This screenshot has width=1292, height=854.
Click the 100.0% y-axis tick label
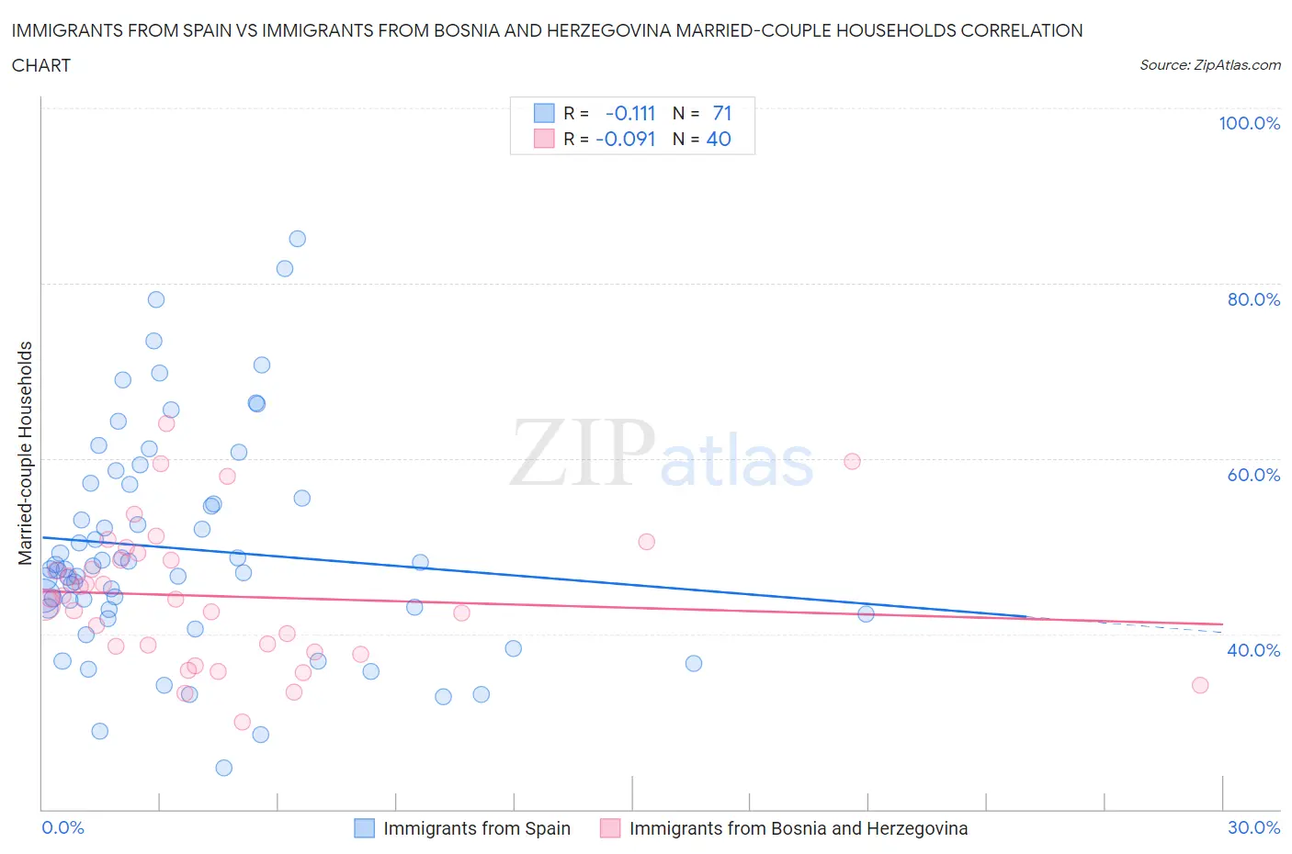tap(1249, 124)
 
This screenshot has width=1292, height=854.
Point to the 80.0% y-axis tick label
tap(1253, 299)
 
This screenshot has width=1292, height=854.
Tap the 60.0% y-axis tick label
tap(1253, 475)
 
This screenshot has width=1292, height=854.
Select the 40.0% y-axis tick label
tap(1253, 650)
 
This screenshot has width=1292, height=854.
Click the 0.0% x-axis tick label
tap(62, 827)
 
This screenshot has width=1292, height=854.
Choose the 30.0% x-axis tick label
tap(1253, 827)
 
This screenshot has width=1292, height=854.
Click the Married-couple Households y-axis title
tap(26, 453)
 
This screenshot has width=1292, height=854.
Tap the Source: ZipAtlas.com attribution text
tap(1209, 65)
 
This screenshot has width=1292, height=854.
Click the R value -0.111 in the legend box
tap(630, 113)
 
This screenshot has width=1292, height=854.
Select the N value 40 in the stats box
tap(719, 139)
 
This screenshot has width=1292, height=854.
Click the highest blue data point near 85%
tap(297, 239)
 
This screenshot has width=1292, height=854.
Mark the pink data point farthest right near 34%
tap(1199, 685)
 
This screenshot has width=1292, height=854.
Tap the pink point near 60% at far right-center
tap(852, 461)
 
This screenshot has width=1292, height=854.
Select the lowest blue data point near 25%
tap(223, 768)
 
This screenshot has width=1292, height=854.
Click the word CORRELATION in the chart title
tap(1022, 30)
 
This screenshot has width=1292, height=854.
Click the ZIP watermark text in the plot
tap(583, 453)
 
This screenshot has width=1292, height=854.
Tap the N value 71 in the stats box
tap(722, 113)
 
